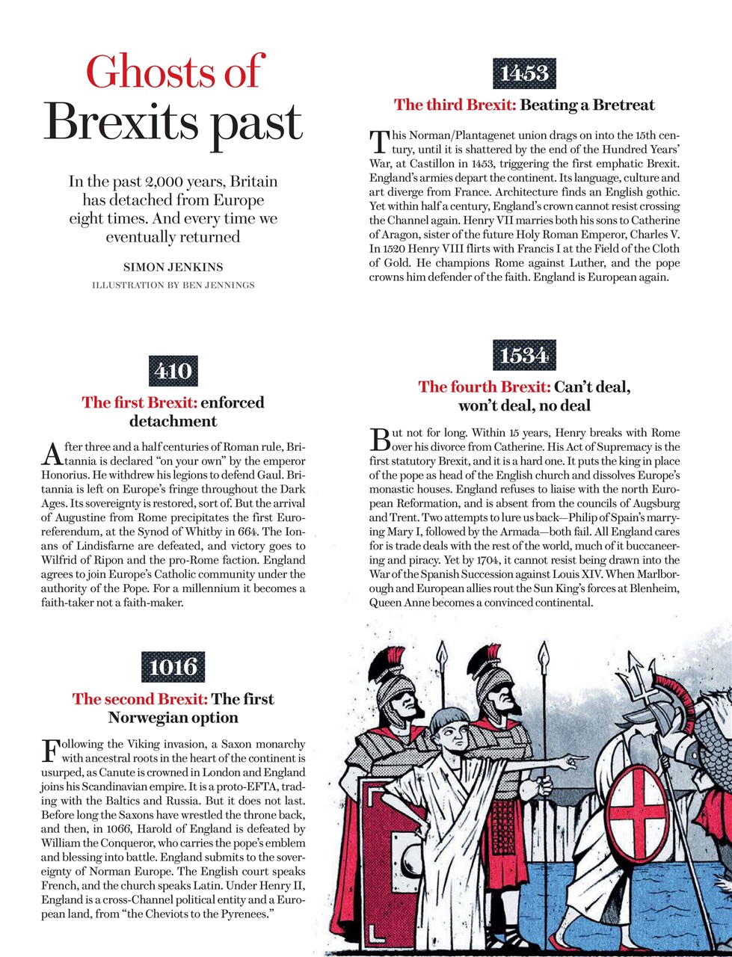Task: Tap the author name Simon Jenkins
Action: [173, 267]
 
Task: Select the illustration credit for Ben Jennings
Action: [173, 285]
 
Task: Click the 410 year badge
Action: [173, 371]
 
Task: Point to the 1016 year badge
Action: [173, 667]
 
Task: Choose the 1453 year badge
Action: [524, 73]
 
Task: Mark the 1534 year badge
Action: [524, 356]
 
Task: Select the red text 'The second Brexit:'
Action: [140, 699]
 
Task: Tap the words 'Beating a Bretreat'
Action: [587, 105]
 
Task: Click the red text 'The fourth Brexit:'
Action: [484, 387]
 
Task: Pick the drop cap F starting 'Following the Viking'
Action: [52, 750]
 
